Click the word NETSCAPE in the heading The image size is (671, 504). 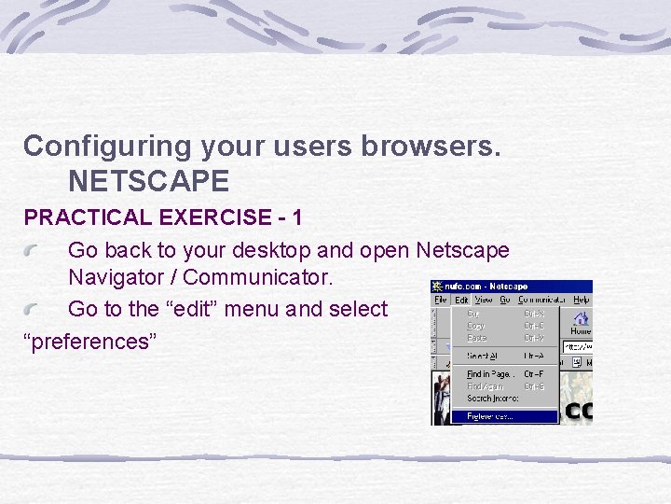coord(148,180)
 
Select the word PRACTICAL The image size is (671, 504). coord(88,217)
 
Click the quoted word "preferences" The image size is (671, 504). coord(89,341)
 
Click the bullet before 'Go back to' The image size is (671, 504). coord(35,252)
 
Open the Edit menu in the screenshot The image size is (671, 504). coord(461,300)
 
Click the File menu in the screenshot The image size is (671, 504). coord(440,300)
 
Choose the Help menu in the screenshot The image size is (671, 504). coord(582,300)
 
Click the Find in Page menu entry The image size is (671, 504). coord(490,374)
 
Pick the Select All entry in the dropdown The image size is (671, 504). coord(484,356)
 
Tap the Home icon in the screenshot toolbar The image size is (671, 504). coord(581,323)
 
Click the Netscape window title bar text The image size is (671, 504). coord(486,287)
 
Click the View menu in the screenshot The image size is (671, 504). coord(484,300)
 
